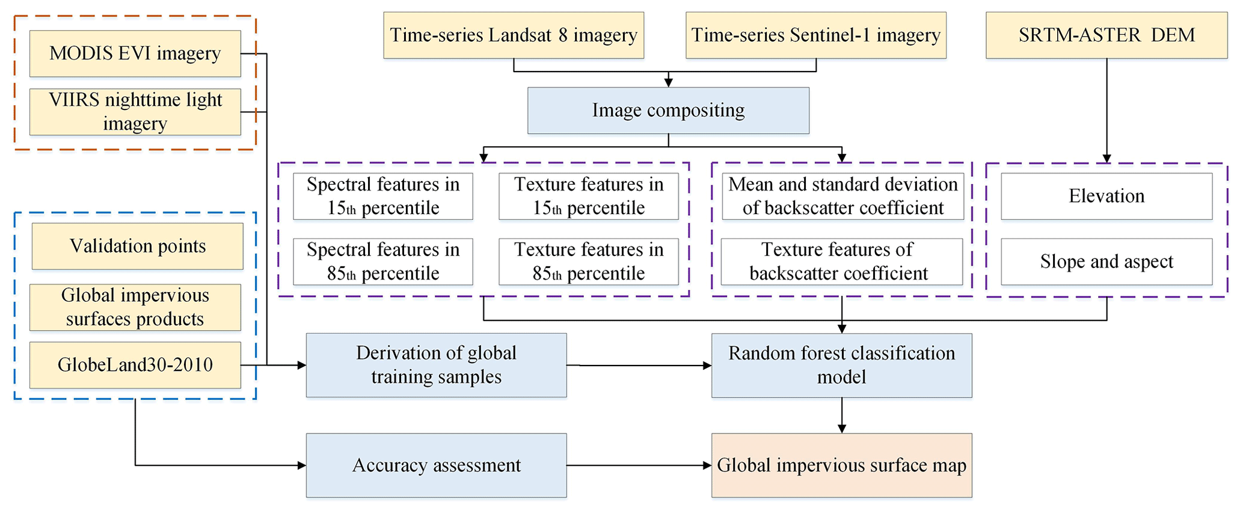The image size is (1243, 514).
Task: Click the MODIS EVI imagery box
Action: pos(135,54)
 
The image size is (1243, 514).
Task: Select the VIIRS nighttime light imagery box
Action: pos(135,112)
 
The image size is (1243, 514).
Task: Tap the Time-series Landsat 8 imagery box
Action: pos(514,35)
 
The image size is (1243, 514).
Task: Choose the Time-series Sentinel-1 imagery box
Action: pos(815,35)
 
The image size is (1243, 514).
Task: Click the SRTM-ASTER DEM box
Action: pos(1106,35)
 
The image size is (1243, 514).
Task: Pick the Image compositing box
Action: pos(668,111)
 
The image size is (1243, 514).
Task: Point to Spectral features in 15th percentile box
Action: pos(382,196)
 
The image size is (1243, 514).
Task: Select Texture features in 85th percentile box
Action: pos(588,262)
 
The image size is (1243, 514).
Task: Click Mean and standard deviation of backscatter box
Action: pos(842,196)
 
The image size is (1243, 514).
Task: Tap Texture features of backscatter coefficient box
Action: pos(841,262)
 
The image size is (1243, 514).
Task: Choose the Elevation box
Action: pos(1106,196)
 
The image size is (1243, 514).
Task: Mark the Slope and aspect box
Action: pos(1106,262)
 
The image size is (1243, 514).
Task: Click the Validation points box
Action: pos(137,246)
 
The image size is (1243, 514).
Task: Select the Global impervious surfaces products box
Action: pos(135,307)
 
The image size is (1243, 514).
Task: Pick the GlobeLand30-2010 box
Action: pos(135,365)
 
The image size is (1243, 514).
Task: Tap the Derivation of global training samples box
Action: pos(436,365)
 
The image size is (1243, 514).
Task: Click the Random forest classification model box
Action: pos(841,365)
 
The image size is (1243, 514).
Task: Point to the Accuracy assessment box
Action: pos(436,465)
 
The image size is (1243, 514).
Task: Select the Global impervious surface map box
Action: pos(841,465)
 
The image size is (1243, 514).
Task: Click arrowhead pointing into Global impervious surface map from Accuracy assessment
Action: pos(708,465)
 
